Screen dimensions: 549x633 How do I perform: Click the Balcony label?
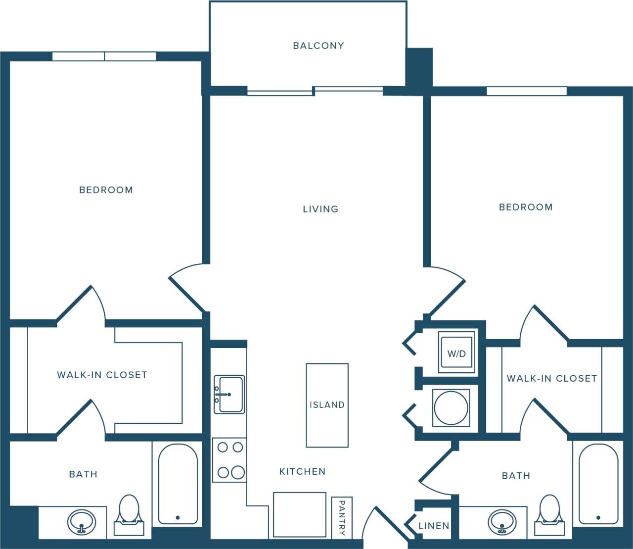318,46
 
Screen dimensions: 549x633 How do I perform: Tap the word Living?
320,209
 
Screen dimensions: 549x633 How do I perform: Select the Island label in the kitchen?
327,405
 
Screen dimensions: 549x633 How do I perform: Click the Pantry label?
341,517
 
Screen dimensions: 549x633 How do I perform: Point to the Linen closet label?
434,526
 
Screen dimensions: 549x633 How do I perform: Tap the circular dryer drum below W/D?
451,408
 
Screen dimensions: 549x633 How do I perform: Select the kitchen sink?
229,394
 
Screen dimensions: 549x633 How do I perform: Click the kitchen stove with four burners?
230,460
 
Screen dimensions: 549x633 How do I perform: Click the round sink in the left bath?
82,522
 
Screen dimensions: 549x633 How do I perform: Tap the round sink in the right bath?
502,522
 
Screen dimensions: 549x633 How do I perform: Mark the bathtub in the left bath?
178,484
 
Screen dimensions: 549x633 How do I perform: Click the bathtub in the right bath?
598,484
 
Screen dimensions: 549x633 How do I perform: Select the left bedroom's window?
104,56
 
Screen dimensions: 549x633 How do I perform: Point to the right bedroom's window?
527,91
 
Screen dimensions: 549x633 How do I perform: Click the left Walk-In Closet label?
102,375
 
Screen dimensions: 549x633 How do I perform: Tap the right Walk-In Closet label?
552,378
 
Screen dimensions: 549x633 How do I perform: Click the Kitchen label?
302,471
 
